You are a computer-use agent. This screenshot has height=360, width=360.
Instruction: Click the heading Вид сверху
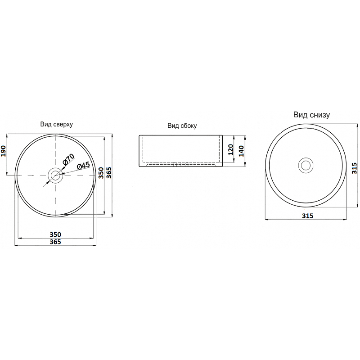pyautogui.click(x=57, y=125)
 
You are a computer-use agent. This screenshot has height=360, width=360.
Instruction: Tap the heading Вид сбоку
pyautogui.click(x=182, y=126)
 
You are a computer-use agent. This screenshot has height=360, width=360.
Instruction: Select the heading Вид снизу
pyautogui.click(x=311, y=115)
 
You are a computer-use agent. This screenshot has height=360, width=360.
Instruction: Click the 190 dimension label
pyautogui.click(x=4, y=151)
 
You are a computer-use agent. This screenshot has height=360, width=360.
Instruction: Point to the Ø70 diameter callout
pyautogui.click(x=68, y=160)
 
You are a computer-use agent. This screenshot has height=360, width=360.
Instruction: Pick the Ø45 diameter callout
pyautogui.click(x=83, y=166)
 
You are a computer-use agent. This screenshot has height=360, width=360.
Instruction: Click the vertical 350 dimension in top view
pyautogui.click(x=101, y=173)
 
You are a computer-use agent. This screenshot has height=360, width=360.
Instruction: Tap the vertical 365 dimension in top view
pyautogui.click(x=108, y=173)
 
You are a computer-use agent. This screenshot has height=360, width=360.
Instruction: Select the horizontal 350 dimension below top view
pyautogui.click(x=55, y=234)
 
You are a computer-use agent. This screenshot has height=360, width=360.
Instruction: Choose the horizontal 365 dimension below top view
pyautogui.click(x=55, y=242)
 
